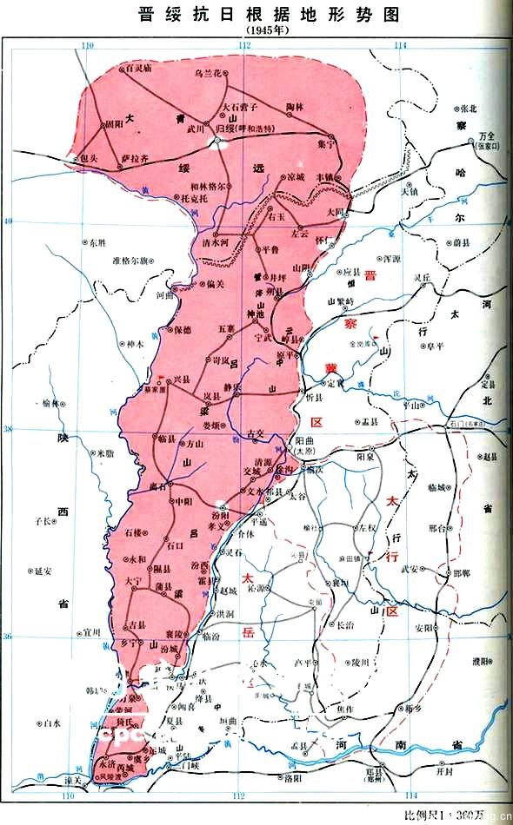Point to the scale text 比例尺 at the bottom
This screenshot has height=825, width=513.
pos(426,815)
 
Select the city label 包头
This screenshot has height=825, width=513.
pos(87,158)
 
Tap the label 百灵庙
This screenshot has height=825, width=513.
pos(138,66)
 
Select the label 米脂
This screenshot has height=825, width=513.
pos(105,452)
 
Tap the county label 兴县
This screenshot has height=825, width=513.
pos(181,379)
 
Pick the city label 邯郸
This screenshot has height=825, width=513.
pos(451,574)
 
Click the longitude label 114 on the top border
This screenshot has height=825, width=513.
pos(399,45)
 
